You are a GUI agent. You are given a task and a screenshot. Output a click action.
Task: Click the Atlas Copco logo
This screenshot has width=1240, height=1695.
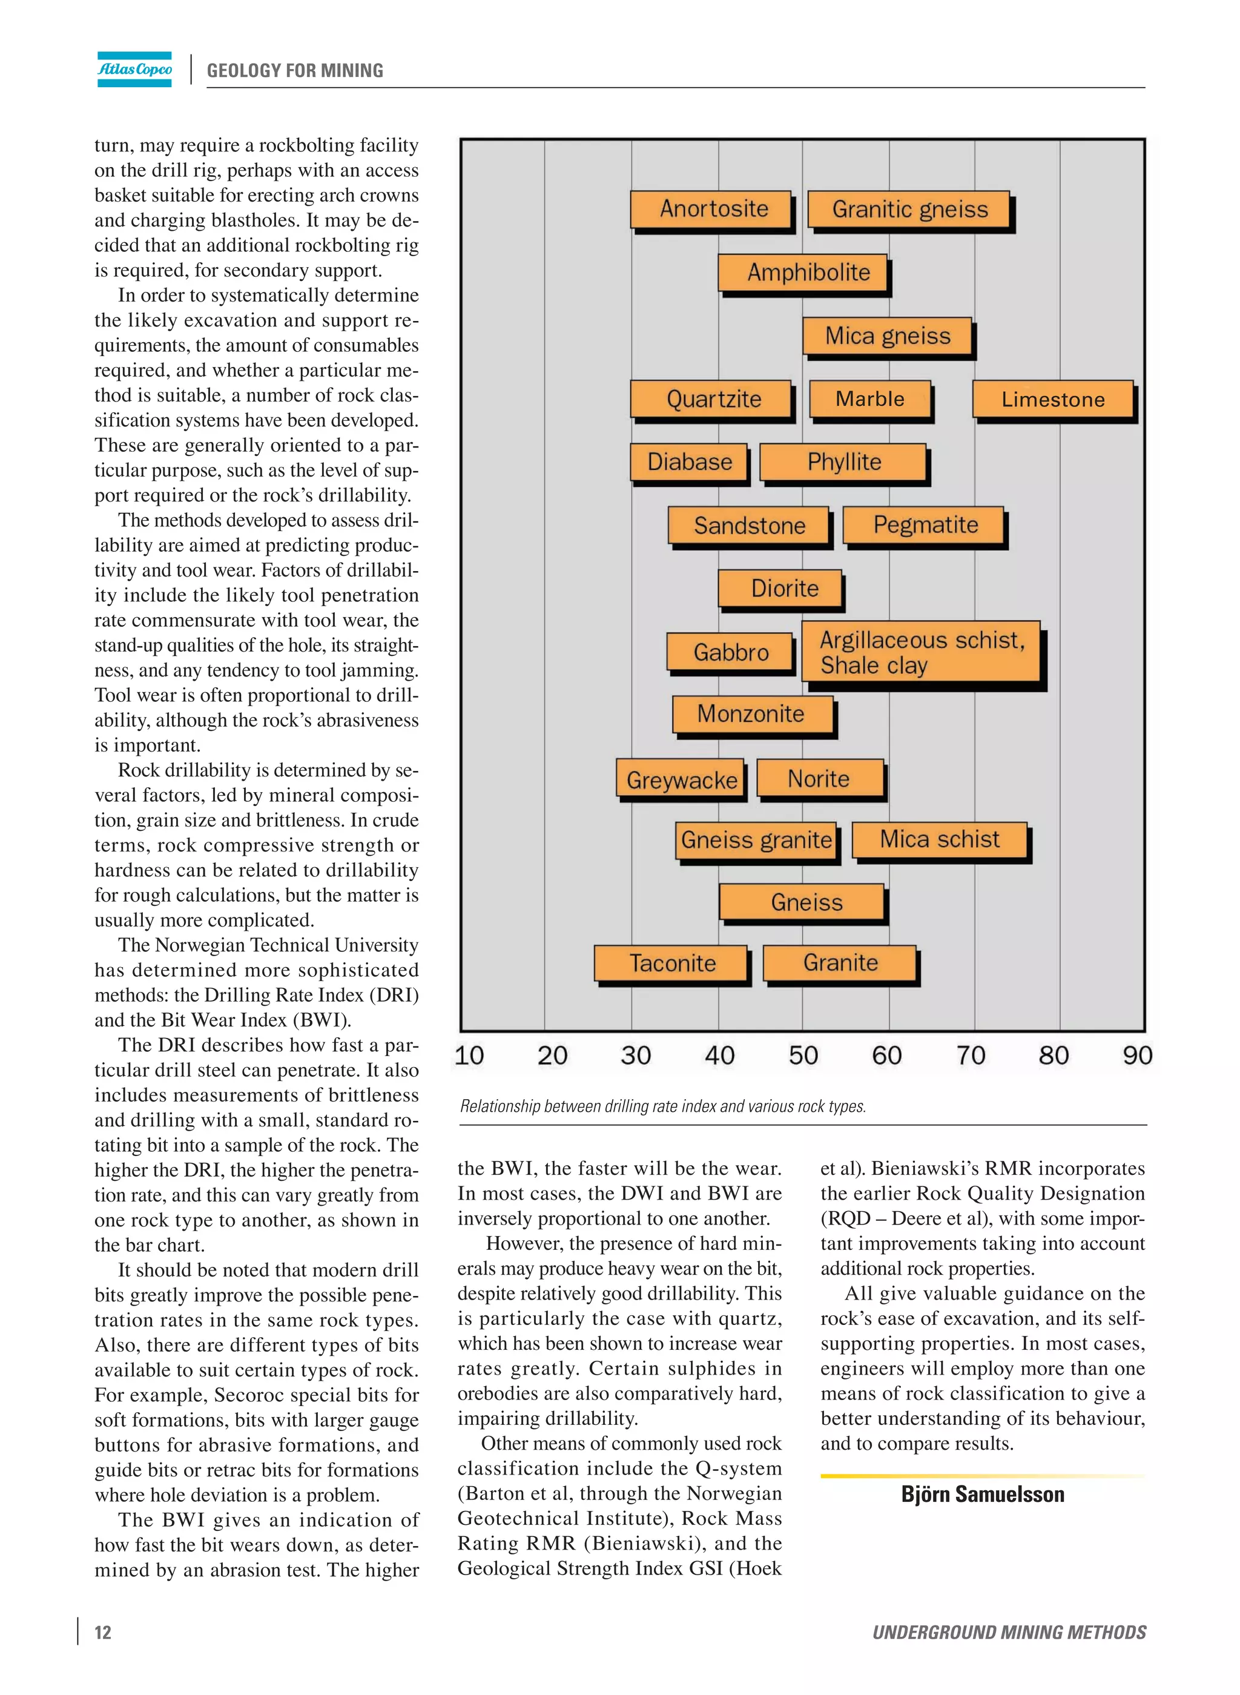(x=134, y=69)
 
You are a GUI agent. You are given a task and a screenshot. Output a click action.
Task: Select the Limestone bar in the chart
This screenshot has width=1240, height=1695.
(x=1052, y=399)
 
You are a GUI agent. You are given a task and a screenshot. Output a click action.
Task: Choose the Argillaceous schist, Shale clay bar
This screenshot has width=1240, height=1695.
(x=921, y=652)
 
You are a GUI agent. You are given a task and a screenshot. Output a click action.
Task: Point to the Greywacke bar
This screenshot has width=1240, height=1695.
(x=680, y=780)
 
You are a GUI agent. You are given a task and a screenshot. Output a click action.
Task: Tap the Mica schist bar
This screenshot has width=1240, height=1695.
(x=939, y=839)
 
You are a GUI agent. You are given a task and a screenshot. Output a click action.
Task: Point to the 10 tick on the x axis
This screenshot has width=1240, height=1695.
(x=469, y=1056)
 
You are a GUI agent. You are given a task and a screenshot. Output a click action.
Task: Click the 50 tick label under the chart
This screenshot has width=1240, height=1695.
(x=802, y=1056)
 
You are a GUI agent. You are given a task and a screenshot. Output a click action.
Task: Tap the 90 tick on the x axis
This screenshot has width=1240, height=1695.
(x=1136, y=1056)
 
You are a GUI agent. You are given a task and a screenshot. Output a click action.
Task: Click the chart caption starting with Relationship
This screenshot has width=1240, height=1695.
(x=663, y=1106)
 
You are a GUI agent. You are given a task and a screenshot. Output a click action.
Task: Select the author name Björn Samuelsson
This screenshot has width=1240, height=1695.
(x=982, y=1494)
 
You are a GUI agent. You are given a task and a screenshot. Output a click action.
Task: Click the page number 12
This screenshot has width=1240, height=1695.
(x=103, y=1632)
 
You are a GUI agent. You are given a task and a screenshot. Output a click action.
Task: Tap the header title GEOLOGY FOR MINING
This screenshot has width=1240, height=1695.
(x=295, y=71)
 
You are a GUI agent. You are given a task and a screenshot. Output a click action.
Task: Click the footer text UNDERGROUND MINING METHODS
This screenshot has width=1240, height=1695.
(x=1008, y=1632)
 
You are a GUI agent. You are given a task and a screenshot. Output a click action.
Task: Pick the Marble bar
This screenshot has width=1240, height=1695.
(x=870, y=399)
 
